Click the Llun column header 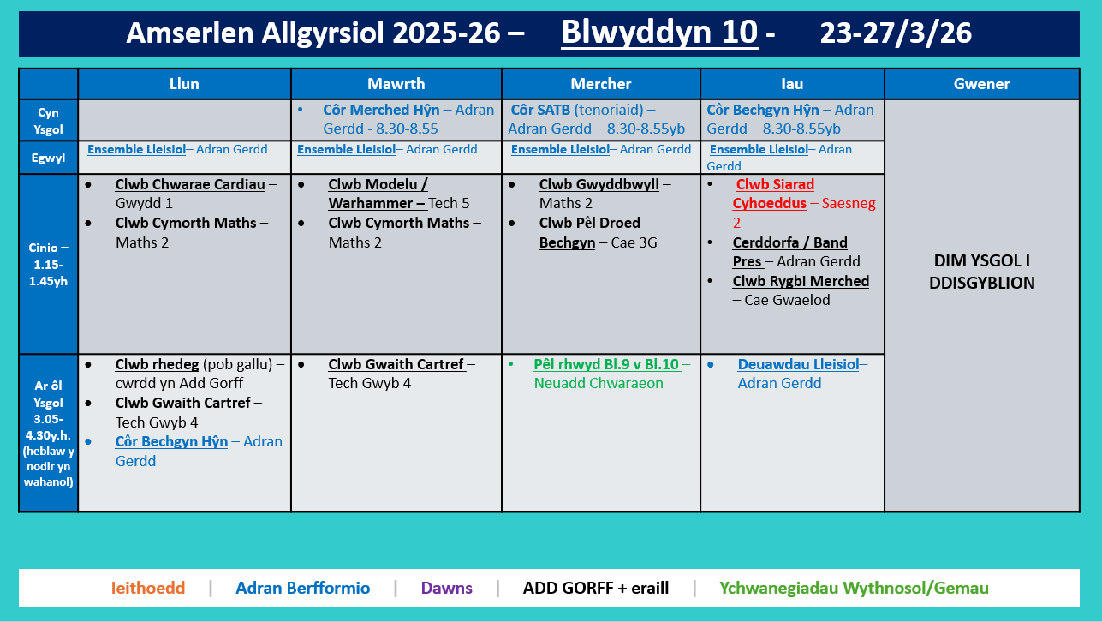click(x=184, y=84)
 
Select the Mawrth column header click(x=396, y=84)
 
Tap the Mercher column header click(x=600, y=84)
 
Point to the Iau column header click(x=792, y=84)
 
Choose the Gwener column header click(x=981, y=84)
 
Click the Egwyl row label click(x=48, y=158)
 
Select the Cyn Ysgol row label click(x=48, y=120)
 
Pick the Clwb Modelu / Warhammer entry click(x=378, y=194)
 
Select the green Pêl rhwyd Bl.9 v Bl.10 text click(x=605, y=364)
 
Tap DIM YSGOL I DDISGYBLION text click(x=981, y=272)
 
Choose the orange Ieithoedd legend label click(x=147, y=588)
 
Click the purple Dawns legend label click(x=446, y=588)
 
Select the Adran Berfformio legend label click(x=302, y=588)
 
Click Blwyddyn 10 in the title click(x=658, y=33)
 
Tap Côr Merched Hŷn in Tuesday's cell click(x=381, y=110)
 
